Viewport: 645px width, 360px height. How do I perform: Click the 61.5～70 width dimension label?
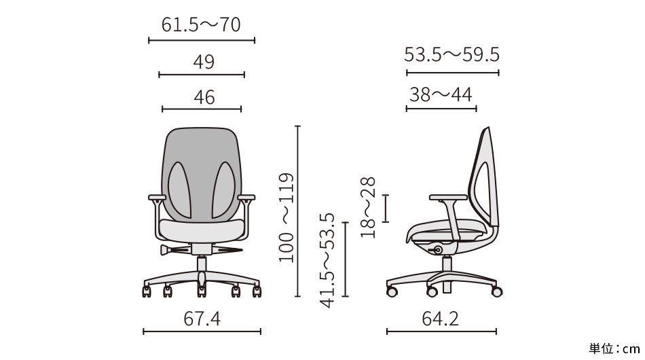click(x=201, y=24)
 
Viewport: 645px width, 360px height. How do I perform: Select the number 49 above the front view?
click(x=204, y=62)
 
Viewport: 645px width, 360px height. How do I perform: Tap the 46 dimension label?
click(x=204, y=98)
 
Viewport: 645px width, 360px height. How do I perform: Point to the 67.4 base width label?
click(x=202, y=319)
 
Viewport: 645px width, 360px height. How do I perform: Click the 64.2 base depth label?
click(x=440, y=319)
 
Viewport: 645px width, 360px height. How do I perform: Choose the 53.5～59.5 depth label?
click(x=451, y=55)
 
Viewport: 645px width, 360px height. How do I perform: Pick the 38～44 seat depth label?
click(x=441, y=94)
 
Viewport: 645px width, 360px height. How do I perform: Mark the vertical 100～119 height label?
click(x=287, y=217)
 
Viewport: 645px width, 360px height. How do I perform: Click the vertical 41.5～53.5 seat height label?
click(x=328, y=260)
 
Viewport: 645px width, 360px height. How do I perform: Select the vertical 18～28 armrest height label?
click(x=368, y=207)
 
